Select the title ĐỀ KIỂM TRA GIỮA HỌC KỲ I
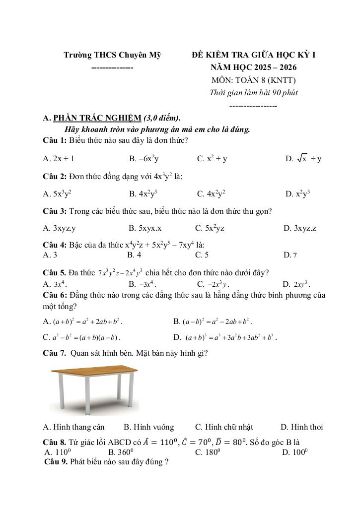click(x=254, y=55)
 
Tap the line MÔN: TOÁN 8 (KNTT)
click(x=254, y=80)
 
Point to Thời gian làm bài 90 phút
click(x=254, y=92)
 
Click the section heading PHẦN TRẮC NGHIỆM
click(x=97, y=118)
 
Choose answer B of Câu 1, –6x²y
click(x=144, y=159)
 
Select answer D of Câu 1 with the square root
click(x=303, y=159)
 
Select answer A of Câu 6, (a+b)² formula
click(x=83, y=321)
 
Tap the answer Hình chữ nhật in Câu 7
click(x=224, y=427)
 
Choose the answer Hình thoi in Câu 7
click(x=302, y=427)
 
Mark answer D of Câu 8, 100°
click(x=295, y=452)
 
